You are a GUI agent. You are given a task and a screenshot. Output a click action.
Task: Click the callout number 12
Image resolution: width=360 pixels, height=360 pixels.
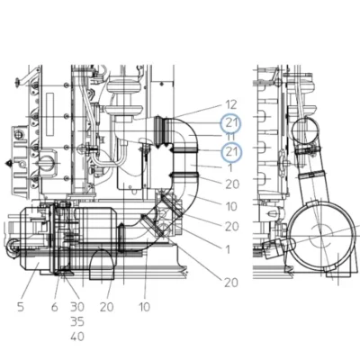coord(231,104)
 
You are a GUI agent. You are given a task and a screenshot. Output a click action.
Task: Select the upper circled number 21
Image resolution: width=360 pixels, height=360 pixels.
coord(230,123)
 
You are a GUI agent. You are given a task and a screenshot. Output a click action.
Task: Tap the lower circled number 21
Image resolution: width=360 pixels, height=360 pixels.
coord(230,152)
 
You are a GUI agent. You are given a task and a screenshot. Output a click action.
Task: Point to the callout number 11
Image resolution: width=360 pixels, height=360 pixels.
coord(230,137)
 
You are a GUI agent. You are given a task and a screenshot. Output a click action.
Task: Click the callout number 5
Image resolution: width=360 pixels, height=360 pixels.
coord(21,307)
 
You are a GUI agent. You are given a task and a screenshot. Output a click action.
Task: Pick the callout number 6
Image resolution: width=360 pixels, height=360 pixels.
coord(54,307)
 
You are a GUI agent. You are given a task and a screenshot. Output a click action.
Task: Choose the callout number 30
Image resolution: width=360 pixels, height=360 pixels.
coord(77,307)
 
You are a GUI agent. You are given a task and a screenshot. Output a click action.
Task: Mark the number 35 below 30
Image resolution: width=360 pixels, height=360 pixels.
coord(77,321)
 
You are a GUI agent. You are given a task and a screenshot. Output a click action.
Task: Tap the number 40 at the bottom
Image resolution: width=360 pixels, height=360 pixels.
coord(77,337)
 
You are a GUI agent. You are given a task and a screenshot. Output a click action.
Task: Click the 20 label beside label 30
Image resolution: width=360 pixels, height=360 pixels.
coord(106,307)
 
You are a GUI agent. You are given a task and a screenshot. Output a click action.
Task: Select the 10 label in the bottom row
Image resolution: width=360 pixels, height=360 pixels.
coord(144,307)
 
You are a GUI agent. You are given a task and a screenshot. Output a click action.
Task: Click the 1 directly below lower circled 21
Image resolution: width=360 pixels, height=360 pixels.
coord(230,168)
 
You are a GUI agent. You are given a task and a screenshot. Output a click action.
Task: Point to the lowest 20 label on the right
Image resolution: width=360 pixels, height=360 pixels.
coord(231,283)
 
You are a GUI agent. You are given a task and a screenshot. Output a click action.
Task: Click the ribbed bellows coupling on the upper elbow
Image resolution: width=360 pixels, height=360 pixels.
coord(161,132)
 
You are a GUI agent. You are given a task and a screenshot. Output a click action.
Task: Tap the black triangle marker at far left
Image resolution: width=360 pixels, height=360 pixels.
coord(9,163)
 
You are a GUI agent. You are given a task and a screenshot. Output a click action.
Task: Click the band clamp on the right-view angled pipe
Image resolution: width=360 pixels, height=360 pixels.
coord(312,175)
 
